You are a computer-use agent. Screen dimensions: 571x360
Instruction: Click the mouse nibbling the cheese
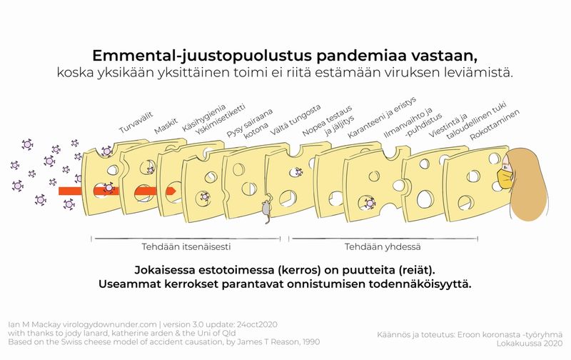click(x=265, y=209)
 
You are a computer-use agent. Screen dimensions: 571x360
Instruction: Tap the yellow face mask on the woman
click(x=506, y=177)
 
